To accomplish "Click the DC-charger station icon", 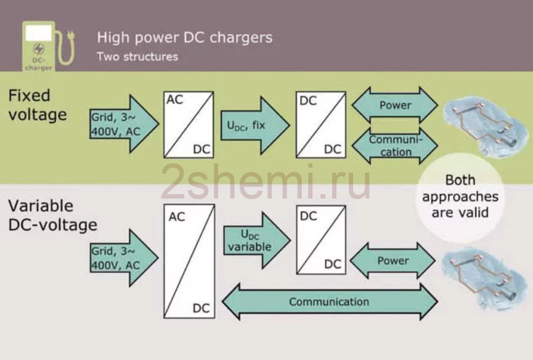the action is point(47,46).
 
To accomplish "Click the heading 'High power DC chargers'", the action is point(185,38).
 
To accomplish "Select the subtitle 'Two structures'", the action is point(137,57).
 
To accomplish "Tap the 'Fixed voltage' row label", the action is point(38,105).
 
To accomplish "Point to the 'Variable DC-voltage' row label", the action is point(53,216).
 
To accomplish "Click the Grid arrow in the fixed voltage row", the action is point(124,124).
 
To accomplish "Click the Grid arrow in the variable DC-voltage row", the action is point(124,258).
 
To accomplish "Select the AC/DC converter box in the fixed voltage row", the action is point(189,125).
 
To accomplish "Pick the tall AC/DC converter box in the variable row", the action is point(189,261).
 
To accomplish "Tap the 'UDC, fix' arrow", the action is point(255,125).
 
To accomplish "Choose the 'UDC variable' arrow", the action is point(257,240).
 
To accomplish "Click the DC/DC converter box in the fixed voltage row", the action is point(321,125).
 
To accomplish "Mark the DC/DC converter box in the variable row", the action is point(321,240).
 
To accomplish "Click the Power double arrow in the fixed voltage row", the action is point(394,105).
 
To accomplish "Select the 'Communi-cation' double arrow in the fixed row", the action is point(394,145).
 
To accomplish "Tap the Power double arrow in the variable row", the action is point(393,261).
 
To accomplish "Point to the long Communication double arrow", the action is point(330,301).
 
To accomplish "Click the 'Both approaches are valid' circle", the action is point(460,197).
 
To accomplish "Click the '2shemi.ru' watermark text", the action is point(266,182).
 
